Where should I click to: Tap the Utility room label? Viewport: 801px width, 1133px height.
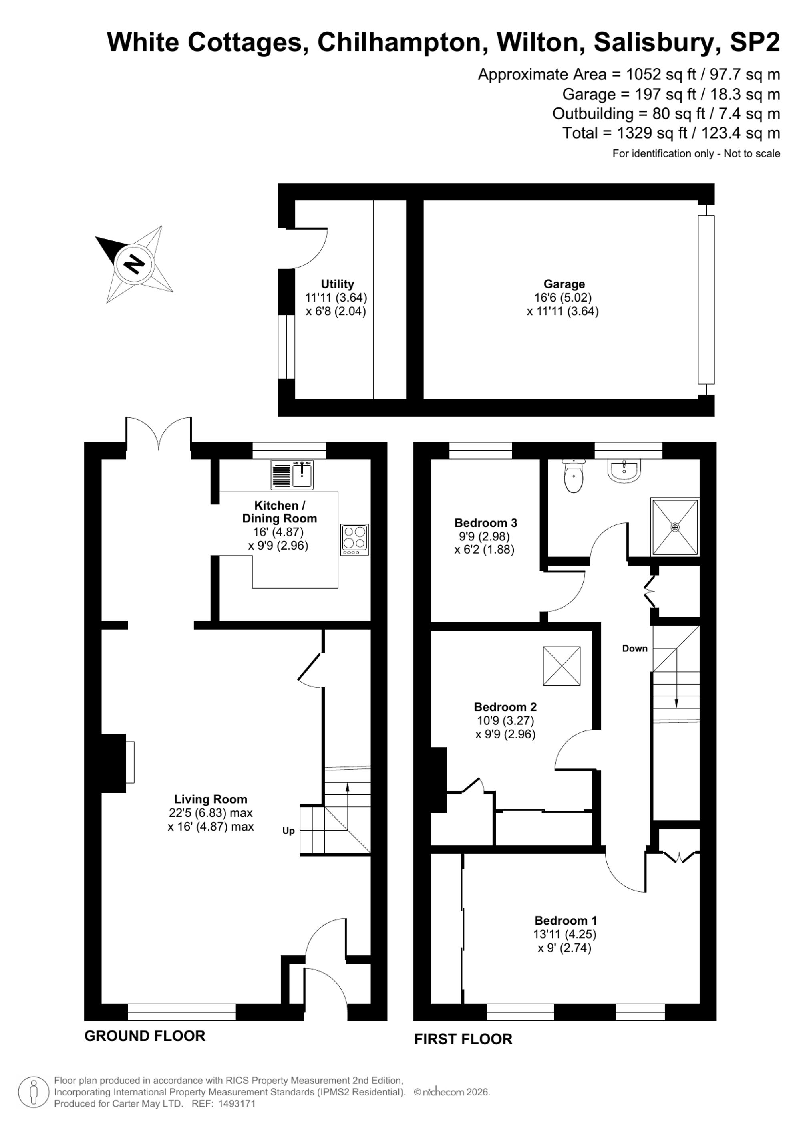pyautogui.click(x=337, y=284)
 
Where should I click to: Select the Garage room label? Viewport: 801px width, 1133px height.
pyautogui.click(x=564, y=284)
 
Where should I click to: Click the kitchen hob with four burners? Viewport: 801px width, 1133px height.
pyautogui.click(x=354, y=540)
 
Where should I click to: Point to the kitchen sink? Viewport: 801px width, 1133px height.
pyautogui.click(x=292, y=475)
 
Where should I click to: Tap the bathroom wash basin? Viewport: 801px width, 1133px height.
pyautogui.click(x=624, y=470)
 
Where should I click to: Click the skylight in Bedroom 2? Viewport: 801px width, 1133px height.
pyautogui.click(x=562, y=666)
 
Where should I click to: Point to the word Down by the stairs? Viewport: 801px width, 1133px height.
pyautogui.click(x=635, y=648)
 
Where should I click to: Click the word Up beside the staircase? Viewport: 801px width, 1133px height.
pyautogui.click(x=288, y=831)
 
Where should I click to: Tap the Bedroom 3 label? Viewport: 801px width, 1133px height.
pyautogui.click(x=486, y=522)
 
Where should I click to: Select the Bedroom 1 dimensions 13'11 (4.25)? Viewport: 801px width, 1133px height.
pyautogui.click(x=565, y=935)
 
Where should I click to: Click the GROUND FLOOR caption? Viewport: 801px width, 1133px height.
pyautogui.click(x=145, y=1036)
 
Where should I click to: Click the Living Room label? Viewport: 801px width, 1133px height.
pyautogui.click(x=211, y=799)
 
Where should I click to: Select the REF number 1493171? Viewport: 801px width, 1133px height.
pyautogui.click(x=237, y=1103)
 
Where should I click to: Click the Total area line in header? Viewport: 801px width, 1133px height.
pyautogui.click(x=671, y=133)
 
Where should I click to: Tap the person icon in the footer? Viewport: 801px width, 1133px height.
pyautogui.click(x=34, y=1092)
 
